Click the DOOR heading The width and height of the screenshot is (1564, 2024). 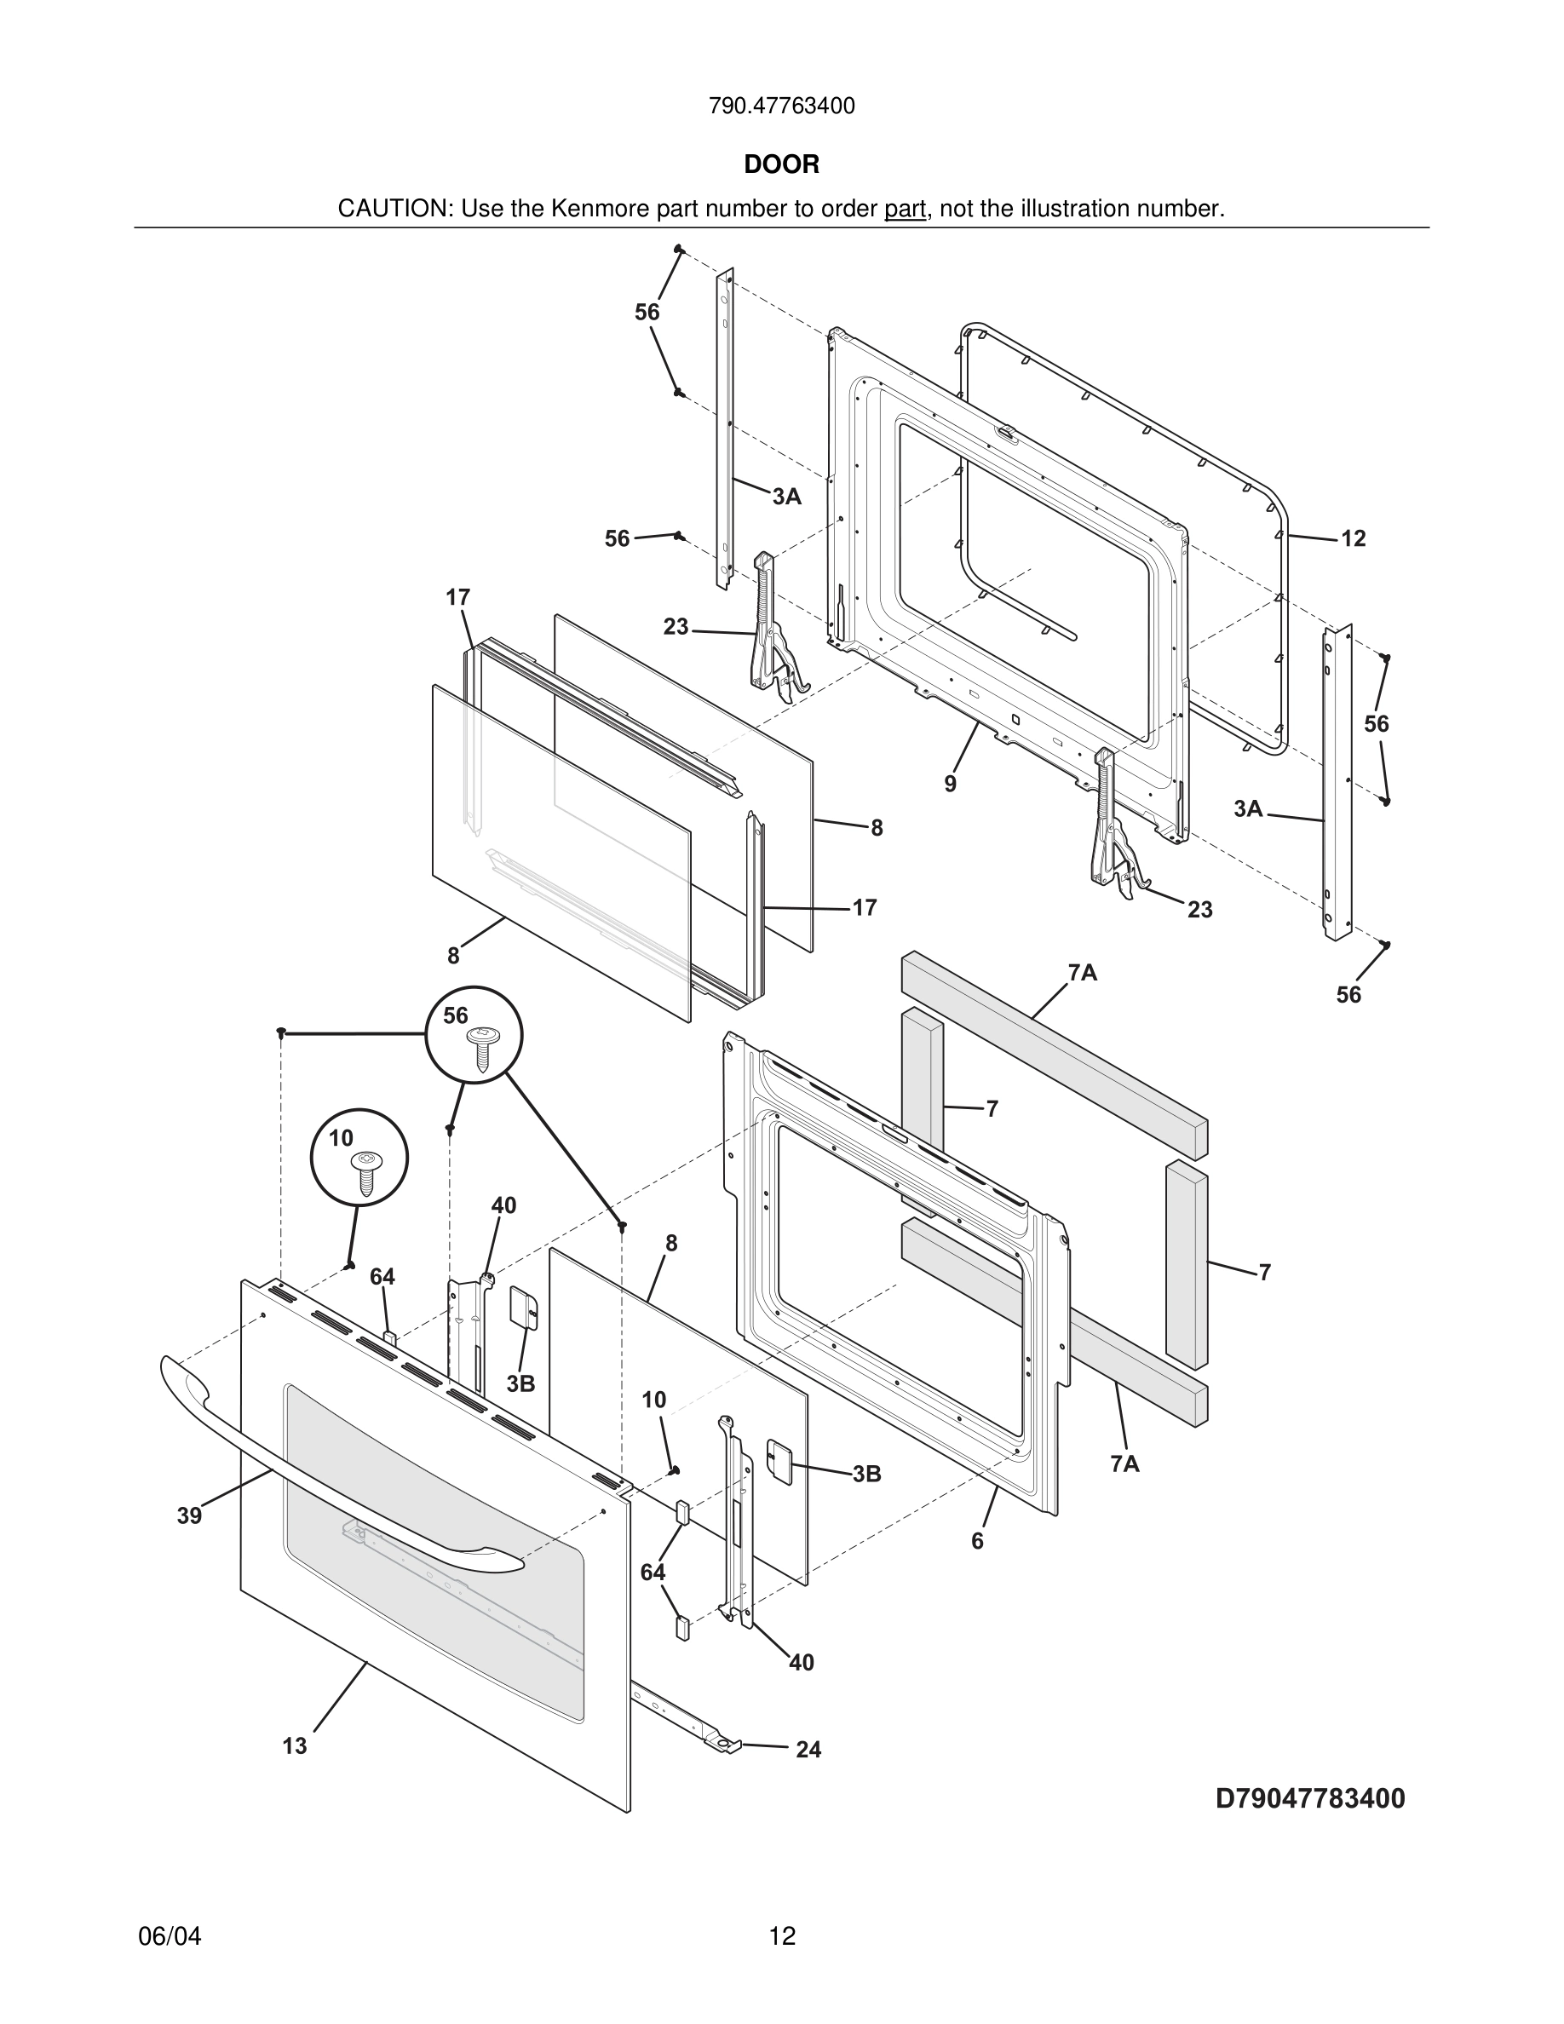pyautogui.click(x=781, y=165)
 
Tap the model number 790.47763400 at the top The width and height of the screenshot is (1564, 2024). pyautogui.click(x=781, y=106)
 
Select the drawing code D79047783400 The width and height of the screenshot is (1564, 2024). pyautogui.click(x=1310, y=1799)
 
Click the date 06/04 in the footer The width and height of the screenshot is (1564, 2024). pyautogui.click(x=170, y=1937)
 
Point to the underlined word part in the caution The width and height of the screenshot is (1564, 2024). pyautogui.click(x=905, y=210)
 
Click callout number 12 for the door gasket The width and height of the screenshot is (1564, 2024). pyautogui.click(x=1353, y=538)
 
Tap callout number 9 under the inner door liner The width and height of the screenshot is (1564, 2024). pyautogui.click(x=951, y=784)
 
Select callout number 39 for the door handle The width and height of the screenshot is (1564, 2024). pyautogui.click(x=189, y=1515)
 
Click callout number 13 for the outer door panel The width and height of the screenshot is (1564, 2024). pyautogui.click(x=295, y=1746)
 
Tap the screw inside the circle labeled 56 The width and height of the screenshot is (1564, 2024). pyautogui.click(x=482, y=1047)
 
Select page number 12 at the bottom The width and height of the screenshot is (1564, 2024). pyautogui.click(x=782, y=1937)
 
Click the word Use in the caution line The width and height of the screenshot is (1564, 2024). pyautogui.click(x=479, y=210)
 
